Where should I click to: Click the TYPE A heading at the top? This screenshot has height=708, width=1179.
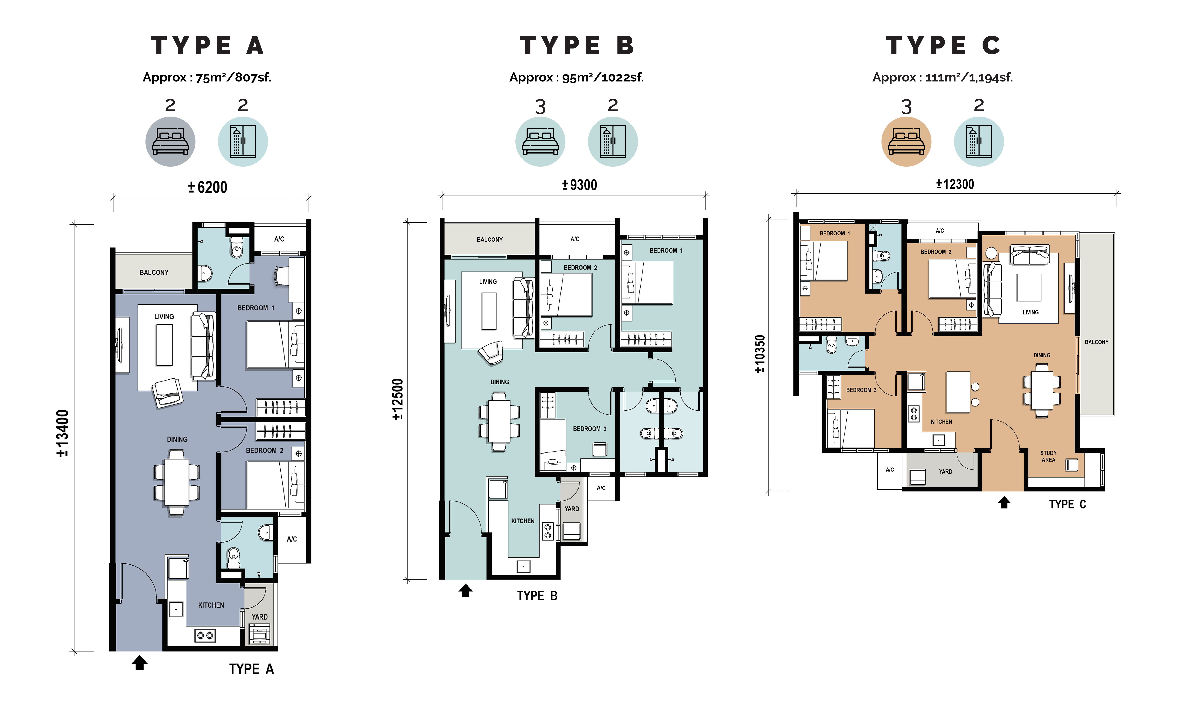click(x=207, y=45)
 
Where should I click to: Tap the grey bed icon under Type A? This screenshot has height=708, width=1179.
click(x=170, y=142)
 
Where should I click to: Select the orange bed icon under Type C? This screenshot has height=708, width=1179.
click(x=906, y=142)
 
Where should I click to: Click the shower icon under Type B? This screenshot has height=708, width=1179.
click(x=613, y=142)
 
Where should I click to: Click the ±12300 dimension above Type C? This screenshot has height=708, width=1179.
click(x=955, y=184)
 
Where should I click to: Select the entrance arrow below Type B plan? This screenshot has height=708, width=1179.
click(x=466, y=591)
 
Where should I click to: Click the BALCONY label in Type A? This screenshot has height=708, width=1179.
click(x=154, y=272)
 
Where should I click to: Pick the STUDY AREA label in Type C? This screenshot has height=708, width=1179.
click(x=1048, y=456)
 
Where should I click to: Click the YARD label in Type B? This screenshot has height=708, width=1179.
click(x=572, y=509)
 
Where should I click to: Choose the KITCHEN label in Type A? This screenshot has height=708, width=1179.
click(x=211, y=605)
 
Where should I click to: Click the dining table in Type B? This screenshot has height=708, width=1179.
click(x=499, y=421)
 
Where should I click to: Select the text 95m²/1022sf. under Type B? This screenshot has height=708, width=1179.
click(x=603, y=77)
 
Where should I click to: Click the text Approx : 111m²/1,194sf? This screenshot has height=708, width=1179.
click(x=943, y=77)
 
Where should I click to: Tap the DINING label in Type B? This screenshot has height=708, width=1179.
click(x=500, y=382)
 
